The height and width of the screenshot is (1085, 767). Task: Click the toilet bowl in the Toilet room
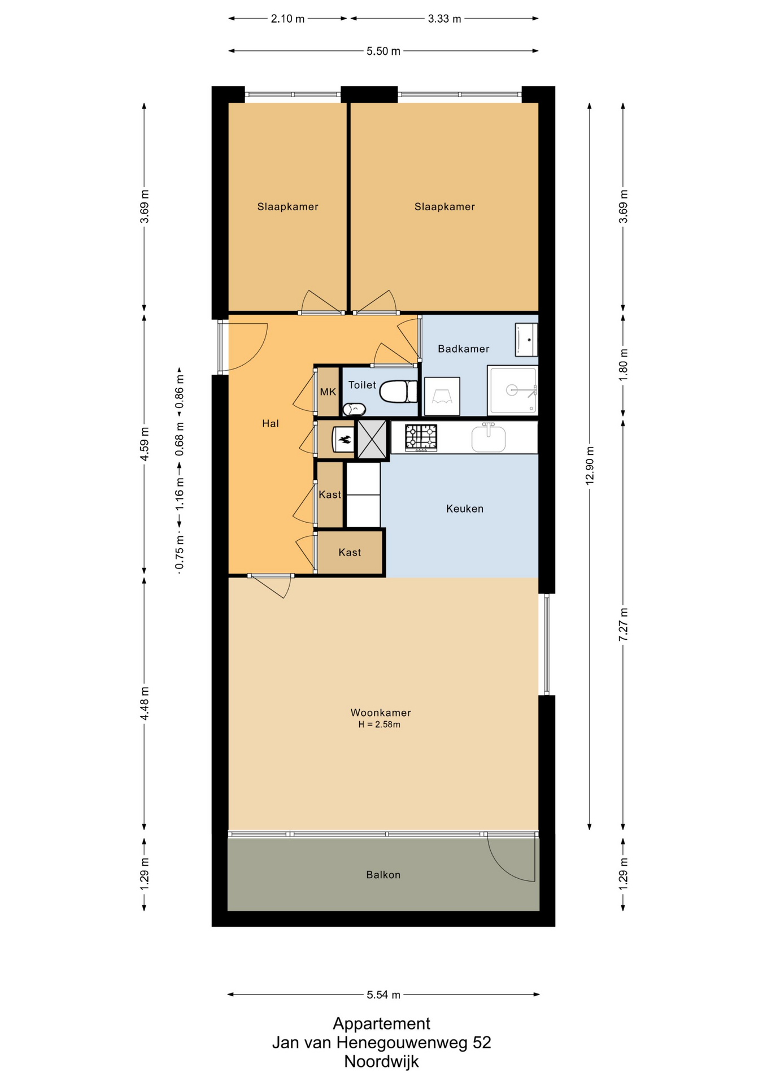(398, 392)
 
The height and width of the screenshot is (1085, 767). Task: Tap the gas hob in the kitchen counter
(421, 437)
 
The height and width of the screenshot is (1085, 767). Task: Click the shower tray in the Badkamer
(513, 390)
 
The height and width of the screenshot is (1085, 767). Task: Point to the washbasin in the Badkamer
(526, 340)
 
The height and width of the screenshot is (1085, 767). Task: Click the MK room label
(328, 392)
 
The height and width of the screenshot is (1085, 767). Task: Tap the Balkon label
(383, 875)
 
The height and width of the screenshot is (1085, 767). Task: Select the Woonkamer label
(381, 713)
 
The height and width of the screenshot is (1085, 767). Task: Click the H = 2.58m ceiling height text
(380, 724)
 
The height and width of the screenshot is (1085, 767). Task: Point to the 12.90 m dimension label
(590, 466)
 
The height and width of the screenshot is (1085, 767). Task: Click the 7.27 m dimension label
(624, 624)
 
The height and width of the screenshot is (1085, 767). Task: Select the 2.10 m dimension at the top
(287, 19)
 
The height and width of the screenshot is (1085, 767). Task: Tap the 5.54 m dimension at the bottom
(383, 995)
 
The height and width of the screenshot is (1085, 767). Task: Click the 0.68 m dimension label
(180, 439)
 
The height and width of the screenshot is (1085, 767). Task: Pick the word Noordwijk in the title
(382, 1061)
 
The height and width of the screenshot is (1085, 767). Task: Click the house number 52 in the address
(482, 1043)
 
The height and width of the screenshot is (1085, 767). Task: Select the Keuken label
(465, 509)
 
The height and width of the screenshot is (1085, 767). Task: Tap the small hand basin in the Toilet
(354, 409)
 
